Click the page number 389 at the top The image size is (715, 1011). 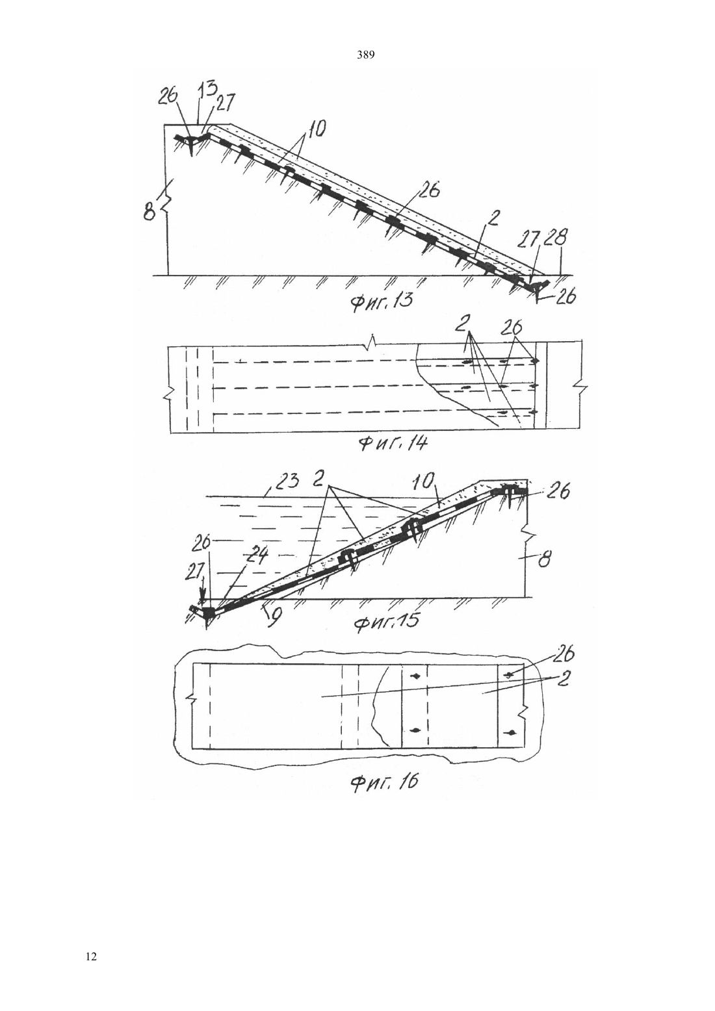tap(365, 55)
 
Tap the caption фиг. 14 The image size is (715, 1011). tap(392, 444)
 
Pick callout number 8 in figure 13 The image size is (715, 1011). tap(149, 211)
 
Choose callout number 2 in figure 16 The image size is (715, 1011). tap(562, 678)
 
